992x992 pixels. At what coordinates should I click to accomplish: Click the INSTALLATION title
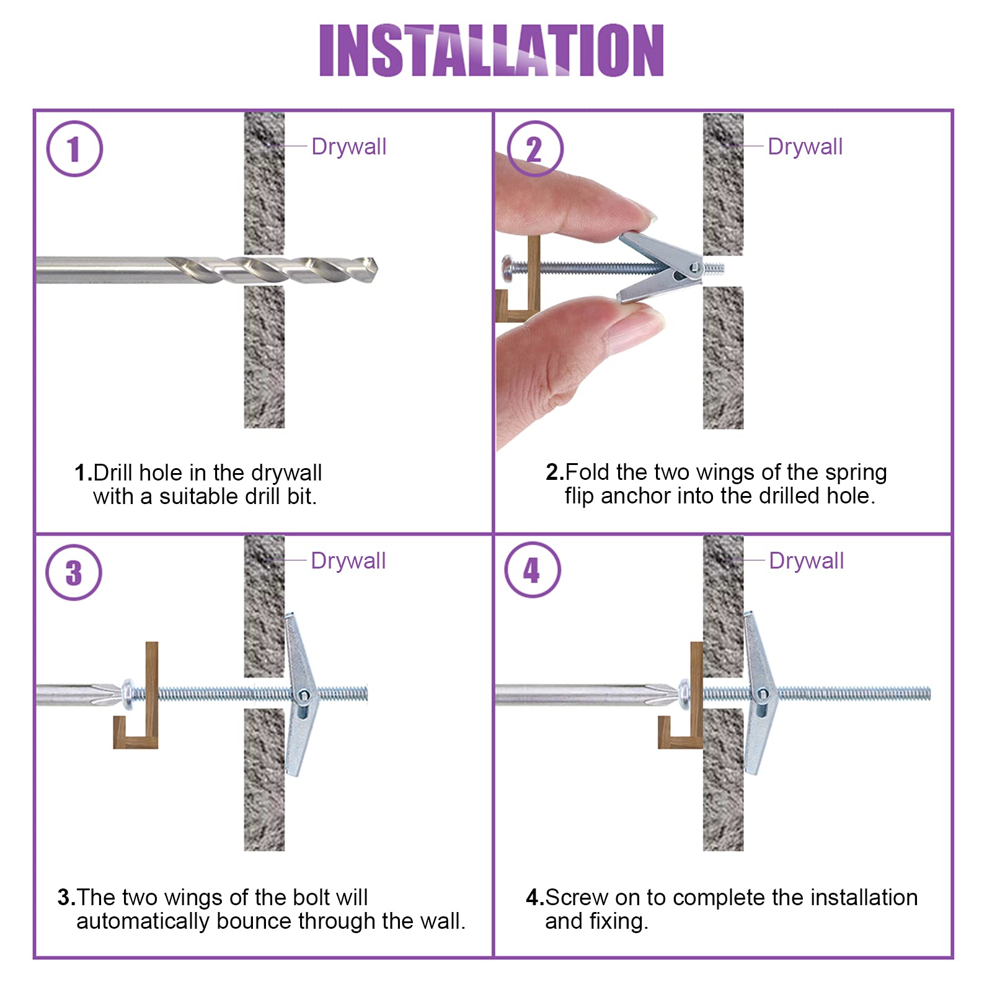point(491,50)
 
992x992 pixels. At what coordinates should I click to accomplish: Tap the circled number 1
point(74,149)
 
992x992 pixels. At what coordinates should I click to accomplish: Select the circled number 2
point(534,149)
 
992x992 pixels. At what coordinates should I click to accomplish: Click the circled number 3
point(74,572)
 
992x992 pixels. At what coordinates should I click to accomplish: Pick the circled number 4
point(533,570)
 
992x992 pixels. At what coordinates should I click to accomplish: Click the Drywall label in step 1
point(349,147)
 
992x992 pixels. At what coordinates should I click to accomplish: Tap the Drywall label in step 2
point(805,147)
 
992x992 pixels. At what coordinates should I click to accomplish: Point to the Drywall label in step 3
point(348,561)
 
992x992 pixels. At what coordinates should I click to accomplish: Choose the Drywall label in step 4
point(807,561)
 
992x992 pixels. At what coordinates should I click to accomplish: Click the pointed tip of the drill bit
point(376,269)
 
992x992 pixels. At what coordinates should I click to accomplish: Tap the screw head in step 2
point(507,268)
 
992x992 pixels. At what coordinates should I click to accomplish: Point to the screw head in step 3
point(127,693)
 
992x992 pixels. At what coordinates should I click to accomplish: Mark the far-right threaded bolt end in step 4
point(929,694)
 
